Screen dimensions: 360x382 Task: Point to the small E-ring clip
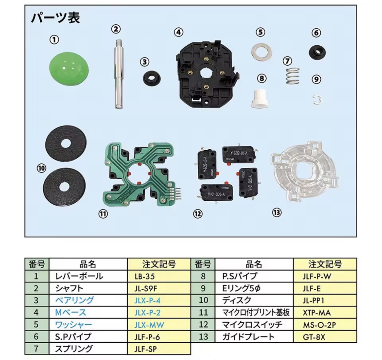(317, 99)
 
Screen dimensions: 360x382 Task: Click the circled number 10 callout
(41, 168)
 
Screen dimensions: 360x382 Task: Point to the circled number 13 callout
(277, 213)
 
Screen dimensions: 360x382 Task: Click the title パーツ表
(55, 18)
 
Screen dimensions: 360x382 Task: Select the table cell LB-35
(145, 276)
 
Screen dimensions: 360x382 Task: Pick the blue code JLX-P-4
(147, 301)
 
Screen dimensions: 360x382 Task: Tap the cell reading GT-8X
(314, 337)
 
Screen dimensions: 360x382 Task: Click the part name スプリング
(74, 349)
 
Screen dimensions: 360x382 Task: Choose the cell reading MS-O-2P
(319, 325)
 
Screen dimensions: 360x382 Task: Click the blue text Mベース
(71, 313)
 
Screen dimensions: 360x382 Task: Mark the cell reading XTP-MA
(317, 313)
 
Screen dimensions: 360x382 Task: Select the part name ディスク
(236, 300)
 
